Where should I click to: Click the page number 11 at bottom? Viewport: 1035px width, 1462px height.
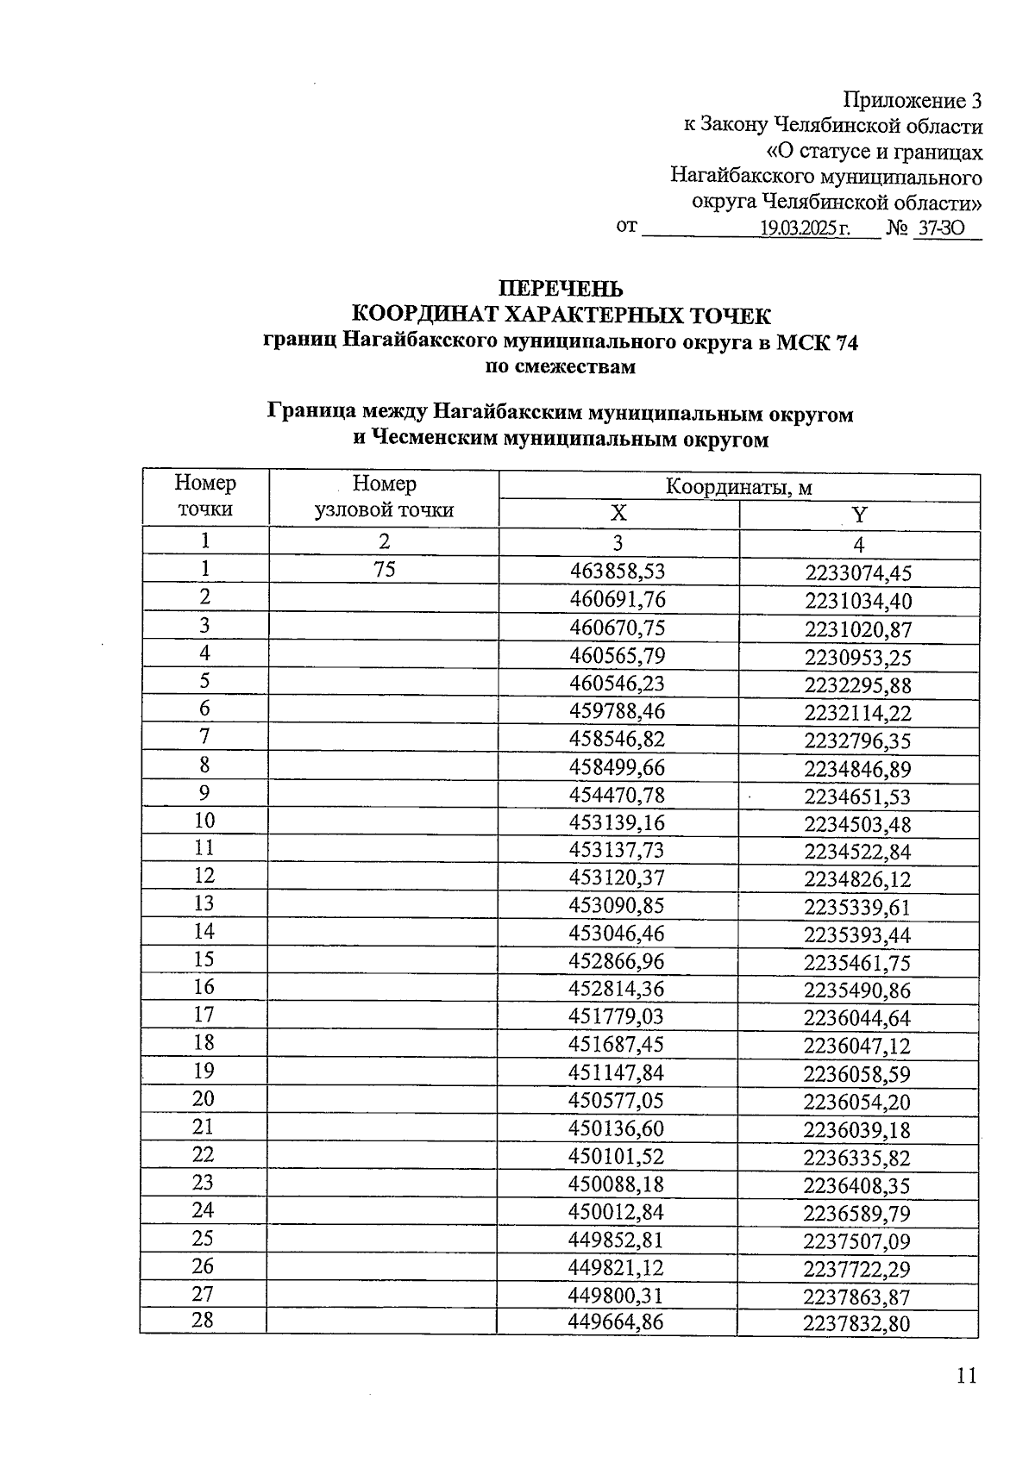[967, 1375]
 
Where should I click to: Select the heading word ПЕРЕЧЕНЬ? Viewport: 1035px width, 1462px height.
[561, 289]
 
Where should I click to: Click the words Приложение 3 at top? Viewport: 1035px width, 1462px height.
[913, 101]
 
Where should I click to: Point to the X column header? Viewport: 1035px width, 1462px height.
[618, 514]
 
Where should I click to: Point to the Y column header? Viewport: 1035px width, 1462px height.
[859, 515]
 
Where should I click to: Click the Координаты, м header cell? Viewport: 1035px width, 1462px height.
[739, 487]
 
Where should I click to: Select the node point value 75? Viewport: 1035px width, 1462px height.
[385, 569]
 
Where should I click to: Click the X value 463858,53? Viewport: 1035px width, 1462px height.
[618, 571]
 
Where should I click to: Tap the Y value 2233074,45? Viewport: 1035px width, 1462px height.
[858, 573]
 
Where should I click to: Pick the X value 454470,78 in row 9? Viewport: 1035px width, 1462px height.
[618, 794]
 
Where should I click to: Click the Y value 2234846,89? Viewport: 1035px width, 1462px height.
[858, 769]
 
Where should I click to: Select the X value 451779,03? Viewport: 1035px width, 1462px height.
[617, 1016]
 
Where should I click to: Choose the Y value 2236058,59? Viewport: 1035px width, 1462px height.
[857, 1074]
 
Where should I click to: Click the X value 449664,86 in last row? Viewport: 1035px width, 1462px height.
[616, 1321]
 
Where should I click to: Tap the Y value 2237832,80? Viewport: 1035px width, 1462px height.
[856, 1324]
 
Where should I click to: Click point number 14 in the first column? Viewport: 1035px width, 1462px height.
[204, 931]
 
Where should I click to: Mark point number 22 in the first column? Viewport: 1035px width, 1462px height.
[204, 1154]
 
